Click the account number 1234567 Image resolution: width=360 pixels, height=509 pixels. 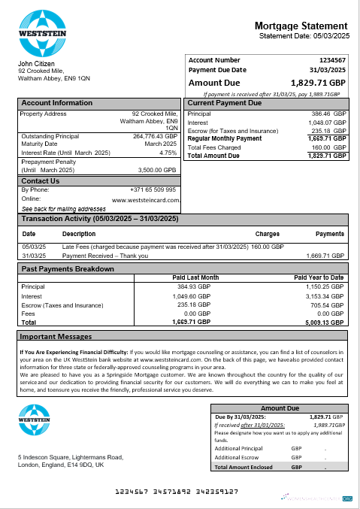point(331,59)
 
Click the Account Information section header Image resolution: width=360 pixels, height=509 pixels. point(57,103)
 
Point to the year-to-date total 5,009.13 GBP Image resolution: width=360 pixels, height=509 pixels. point(323,322)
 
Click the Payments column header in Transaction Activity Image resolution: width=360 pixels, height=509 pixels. point(329,234)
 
